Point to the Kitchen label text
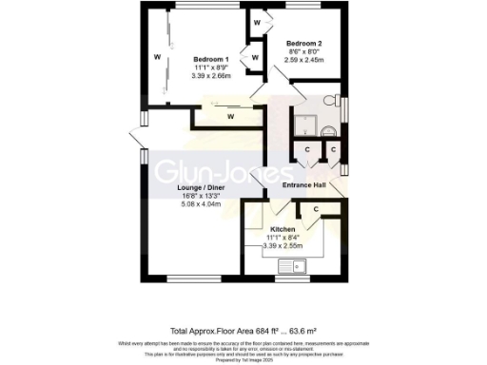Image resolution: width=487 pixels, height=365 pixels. point(284,230)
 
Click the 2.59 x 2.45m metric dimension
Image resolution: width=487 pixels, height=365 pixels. point(304,60)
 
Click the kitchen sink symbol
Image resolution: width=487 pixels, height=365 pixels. point(298,267)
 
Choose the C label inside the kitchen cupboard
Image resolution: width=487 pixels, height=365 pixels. point(315,208)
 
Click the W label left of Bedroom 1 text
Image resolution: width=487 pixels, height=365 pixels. point(157,57)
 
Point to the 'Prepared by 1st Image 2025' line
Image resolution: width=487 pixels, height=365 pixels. point(243,359)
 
